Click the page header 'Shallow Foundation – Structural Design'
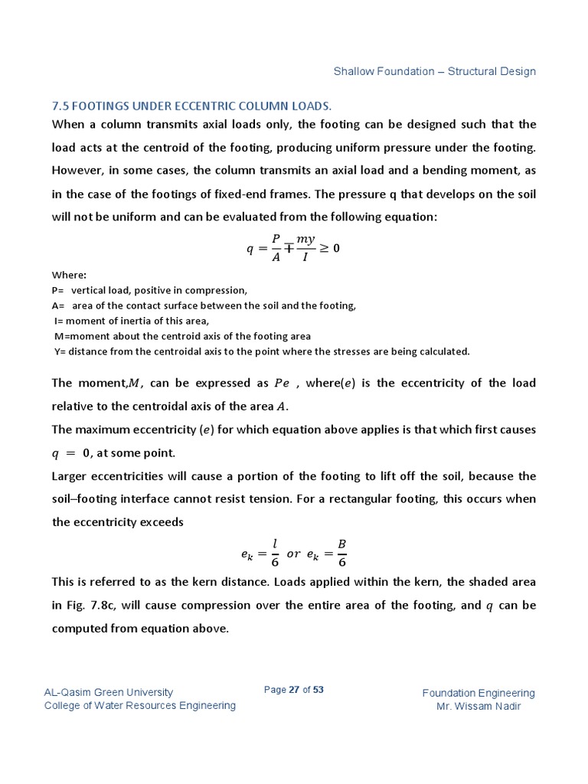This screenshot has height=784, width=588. point(434,71)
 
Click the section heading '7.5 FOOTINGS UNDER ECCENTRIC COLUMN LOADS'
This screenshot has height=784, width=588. point(191,105)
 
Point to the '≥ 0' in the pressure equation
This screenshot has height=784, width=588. point(330,248)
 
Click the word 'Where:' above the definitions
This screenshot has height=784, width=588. point(69,275)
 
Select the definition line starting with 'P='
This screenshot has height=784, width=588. point(149,290)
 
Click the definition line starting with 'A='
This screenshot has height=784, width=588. point(204,305)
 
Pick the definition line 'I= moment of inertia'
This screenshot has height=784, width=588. point(131,321)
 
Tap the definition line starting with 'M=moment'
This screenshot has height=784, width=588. point(182,336)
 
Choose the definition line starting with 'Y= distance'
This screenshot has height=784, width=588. point(260,351)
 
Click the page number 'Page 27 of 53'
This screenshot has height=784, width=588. point(293,690)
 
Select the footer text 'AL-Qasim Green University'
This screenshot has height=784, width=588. point(109,692)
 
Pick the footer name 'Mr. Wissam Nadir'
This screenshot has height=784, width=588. point(479,706)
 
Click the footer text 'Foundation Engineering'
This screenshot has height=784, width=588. point(479,693)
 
